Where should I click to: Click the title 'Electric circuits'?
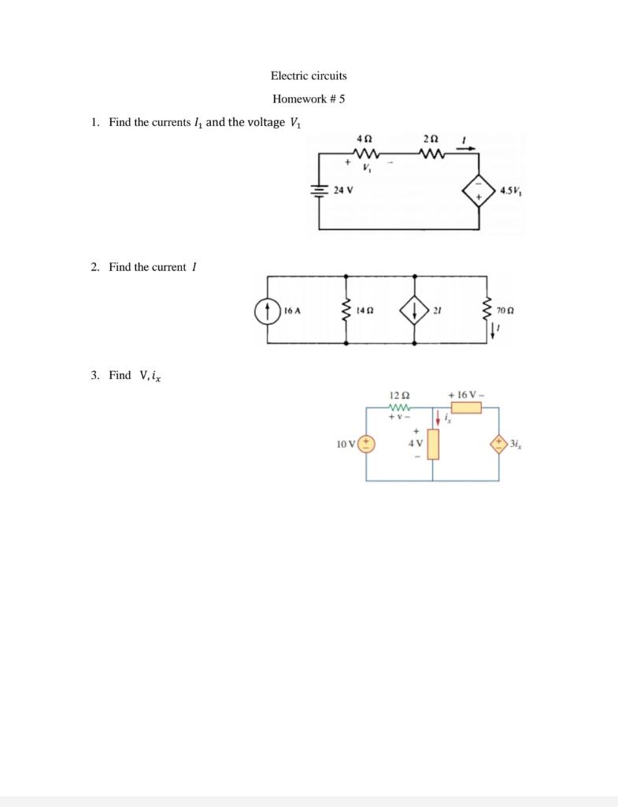pyautogui.click(x=309, y=76)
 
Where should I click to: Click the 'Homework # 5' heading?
pyautogui.click(x=309, y=99)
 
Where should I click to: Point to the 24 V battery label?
pyautogui.click(x=343, y=190)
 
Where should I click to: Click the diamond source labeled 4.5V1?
pyautogui.click(x=477, y=190)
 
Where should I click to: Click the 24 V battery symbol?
pyautogui.click(x=319, y=190)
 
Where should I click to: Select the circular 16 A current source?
pyautogui.click(x=268, y=311)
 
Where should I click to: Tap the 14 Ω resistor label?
pyautogui.click(x=364, y=311)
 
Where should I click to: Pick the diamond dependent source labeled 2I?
pyautogui.click(x=414, y=311)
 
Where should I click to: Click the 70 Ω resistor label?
pyautogui.click(x=505, y=311)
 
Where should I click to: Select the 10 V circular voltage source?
pyautogui.click(x=367, y=444)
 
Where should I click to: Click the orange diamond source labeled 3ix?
pyautogui.click(x=498, y=444)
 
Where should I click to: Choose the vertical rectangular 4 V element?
pyautogui.click(x=432, y=444)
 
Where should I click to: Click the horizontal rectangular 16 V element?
pyautogui.click(x=466, y=407)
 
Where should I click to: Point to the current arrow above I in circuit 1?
pyautogui.click(x=464, y=147)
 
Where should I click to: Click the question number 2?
pyautogui.click(x=94, y=267)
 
